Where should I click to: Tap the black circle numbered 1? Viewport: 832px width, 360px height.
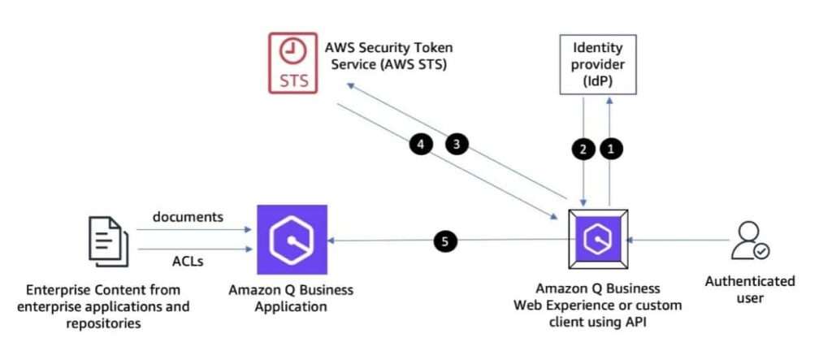click(611, 149)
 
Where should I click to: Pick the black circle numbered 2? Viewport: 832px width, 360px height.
click(583, 149)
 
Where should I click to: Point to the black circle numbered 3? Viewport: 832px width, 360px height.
click(457, 145)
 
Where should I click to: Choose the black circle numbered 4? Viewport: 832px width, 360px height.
click(420, 145)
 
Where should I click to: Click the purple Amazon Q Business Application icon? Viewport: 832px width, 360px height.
click(292, 240)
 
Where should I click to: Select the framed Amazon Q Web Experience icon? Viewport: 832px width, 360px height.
click(597, 240)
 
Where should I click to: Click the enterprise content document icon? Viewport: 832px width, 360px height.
click(107, 241)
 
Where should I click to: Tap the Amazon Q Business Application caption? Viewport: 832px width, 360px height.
click(292, 297)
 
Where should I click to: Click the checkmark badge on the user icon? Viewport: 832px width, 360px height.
click(761, 251)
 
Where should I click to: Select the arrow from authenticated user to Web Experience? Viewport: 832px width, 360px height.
click(678, 240)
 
